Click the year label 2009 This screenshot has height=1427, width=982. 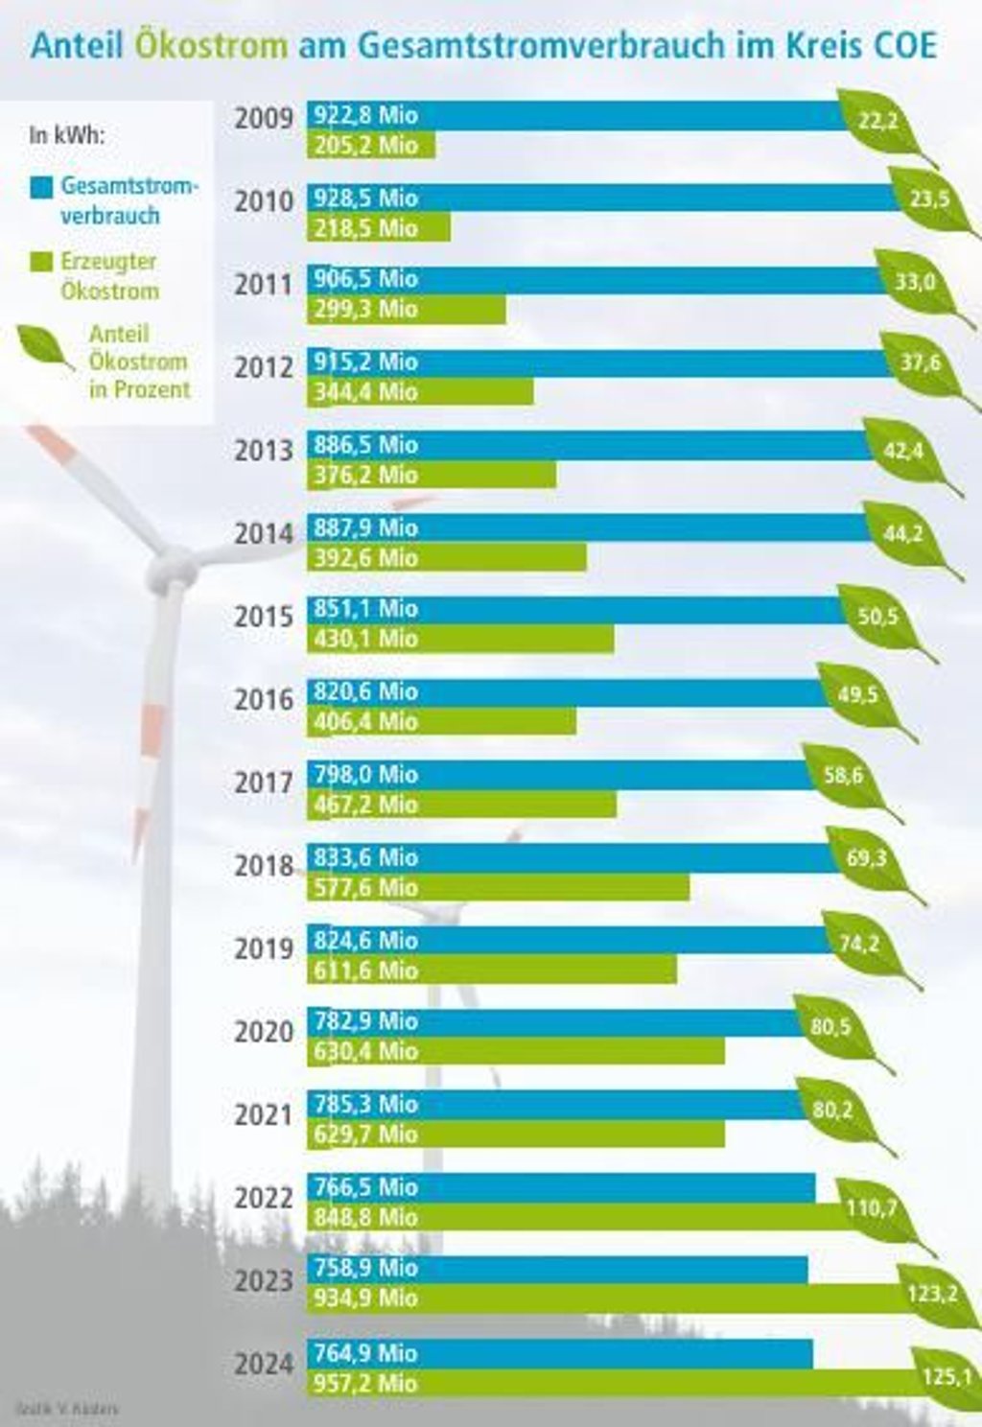264,119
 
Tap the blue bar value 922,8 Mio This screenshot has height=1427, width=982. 365,115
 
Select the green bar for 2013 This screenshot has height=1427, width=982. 432,475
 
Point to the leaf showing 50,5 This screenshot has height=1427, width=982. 879,617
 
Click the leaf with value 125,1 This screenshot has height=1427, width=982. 945,1377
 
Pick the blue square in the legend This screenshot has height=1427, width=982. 41,186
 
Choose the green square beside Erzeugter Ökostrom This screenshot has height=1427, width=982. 41,262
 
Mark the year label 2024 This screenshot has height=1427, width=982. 264,1364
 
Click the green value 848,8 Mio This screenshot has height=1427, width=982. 365,1217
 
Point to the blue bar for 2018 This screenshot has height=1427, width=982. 575,857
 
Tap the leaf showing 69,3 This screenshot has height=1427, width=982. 868,858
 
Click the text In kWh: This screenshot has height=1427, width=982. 66,134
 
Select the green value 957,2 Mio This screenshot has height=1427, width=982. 365,1383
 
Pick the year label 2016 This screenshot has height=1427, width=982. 264,699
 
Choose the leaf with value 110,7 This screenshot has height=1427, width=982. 875,1208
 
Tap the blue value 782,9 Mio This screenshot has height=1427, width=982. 365,1021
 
